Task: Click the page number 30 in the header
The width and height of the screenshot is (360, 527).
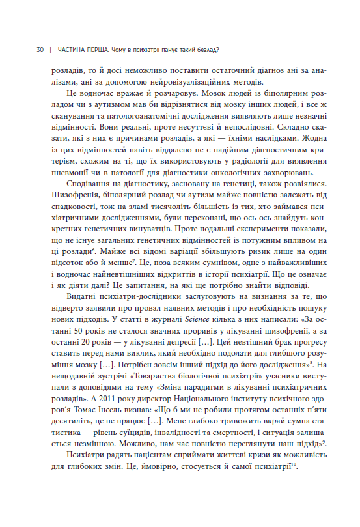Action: tap(40, 50)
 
